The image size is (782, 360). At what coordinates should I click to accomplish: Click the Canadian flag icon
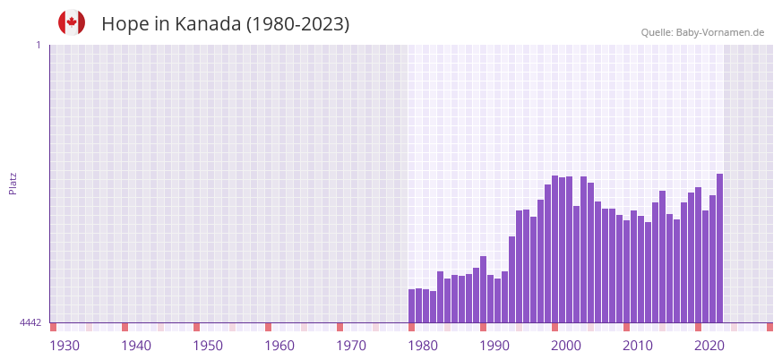(x=72, y=23)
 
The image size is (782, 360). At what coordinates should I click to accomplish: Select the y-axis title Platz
(x=13, y=183)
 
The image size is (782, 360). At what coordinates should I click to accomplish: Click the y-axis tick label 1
(x=38, y=45)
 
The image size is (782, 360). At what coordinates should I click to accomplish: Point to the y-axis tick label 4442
(x=30, y=322)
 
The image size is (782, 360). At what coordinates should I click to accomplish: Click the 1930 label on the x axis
(x=64, y=346)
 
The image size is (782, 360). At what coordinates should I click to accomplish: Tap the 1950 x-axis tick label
(x=208, y=346)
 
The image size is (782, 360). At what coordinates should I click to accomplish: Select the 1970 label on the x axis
(x=351, y=346)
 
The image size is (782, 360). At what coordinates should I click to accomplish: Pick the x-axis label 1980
(x=423, y=346)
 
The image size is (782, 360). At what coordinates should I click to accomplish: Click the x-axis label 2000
(x=566, y=346)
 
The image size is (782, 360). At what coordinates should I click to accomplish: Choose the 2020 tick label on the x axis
(x=709, y=346)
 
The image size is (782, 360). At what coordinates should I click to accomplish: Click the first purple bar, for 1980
(x=412, y=305)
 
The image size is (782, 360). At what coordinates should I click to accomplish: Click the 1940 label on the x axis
(x=136, y=346)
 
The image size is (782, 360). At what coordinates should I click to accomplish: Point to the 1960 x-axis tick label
(x=279, y=346)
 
